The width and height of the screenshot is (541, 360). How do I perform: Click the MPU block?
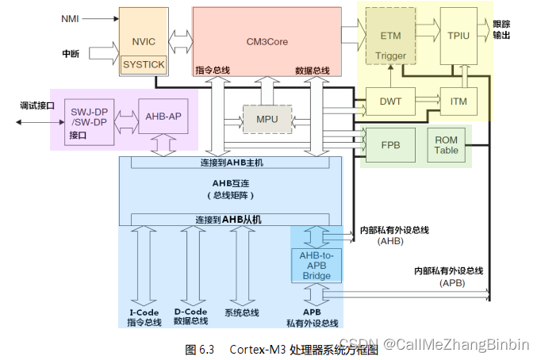click(x=267, y=120)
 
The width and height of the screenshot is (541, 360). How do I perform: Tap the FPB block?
click(x=390, y=145)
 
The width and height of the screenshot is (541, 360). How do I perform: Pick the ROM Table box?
click(x=447, y=145)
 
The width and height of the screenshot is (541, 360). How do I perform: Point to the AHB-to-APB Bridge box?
click(x=317, y=265)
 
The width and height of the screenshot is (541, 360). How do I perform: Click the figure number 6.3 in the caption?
click(x=207, y=350)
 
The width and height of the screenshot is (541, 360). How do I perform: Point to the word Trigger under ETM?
click(x=390, y=56)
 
